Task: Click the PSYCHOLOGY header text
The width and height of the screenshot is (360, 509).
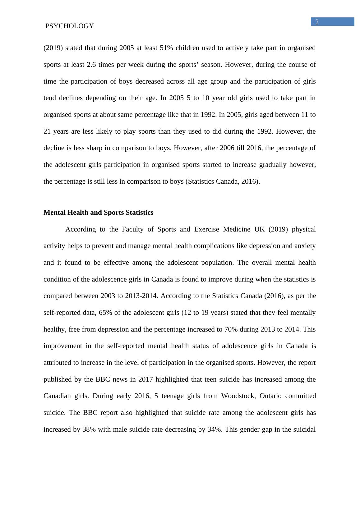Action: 69,26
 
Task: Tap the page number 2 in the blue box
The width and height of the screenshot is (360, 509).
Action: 317,22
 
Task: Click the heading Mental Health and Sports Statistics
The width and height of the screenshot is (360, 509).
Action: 98,213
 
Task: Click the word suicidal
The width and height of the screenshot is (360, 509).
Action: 305,429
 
